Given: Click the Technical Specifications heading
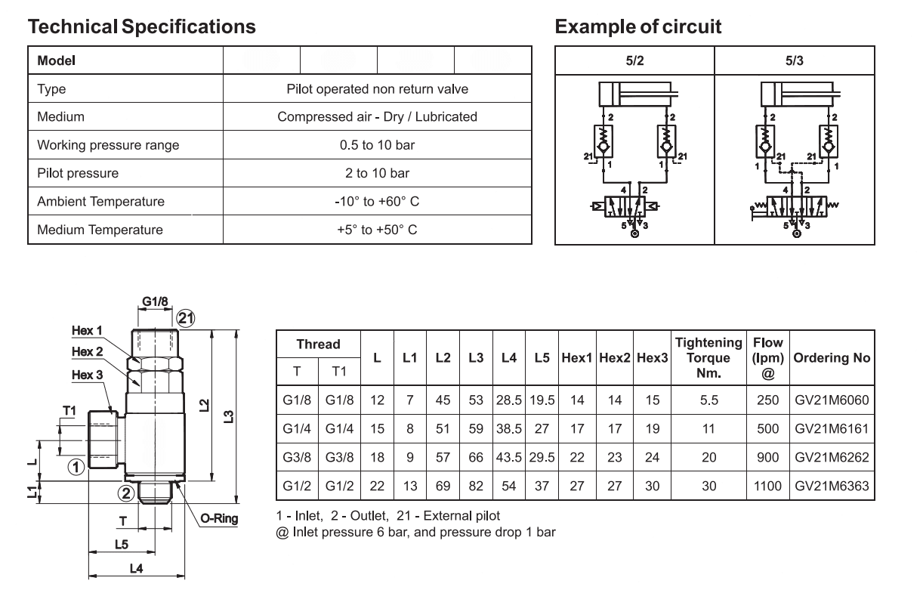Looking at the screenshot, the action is tap(142, 26).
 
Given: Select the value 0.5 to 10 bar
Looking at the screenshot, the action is tap(377, 145).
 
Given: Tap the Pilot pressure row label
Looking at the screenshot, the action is tap(78, 173).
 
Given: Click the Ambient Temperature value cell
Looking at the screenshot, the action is tap(377, 202).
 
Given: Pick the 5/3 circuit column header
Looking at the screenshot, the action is tap(794, 61).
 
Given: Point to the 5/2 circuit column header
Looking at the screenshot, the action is tap(634, 61).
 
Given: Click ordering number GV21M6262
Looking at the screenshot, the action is tap(832, 457).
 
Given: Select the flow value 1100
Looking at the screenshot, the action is tap(767, 487).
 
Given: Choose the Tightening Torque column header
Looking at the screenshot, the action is tap(708, 357).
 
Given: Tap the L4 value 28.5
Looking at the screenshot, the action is tap(508, 400).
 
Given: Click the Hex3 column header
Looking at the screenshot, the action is tap(652, 357).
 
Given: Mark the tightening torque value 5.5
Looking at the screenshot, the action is tap(708, 400).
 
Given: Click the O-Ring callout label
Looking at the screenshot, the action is tap(219, 518).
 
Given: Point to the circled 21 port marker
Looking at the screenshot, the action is tap(185, 319).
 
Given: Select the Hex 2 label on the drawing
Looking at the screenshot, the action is tap(87, 351).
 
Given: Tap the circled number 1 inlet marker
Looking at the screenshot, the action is tap(76, 467).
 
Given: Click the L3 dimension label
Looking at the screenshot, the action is tap(229, 417).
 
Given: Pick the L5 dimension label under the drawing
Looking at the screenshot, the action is tap(122, 545).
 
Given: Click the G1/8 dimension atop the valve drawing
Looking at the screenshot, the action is tap(155, 301).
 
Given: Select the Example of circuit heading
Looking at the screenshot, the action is tap(637, 26).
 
